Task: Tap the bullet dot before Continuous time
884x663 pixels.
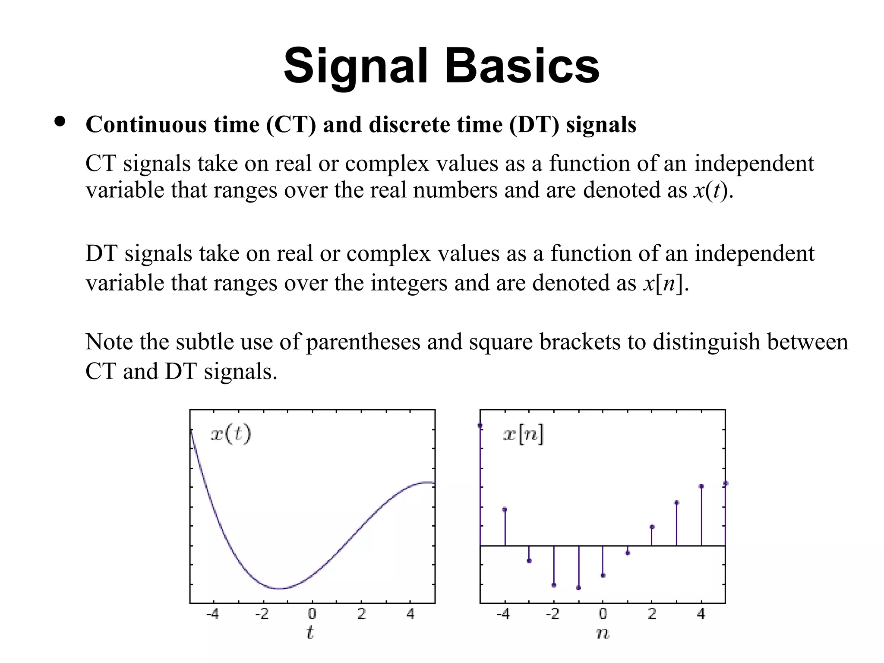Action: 60,122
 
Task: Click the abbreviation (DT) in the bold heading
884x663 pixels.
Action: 534,125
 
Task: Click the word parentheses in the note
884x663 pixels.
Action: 363,342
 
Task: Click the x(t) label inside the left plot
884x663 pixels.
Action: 230,434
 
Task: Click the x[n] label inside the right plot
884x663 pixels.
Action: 523,434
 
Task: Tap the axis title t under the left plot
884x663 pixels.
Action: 310,633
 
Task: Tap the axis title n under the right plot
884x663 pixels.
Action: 602,634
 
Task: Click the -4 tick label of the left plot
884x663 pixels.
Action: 212,613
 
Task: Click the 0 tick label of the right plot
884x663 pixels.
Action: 603,613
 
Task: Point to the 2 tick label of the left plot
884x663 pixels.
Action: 362,613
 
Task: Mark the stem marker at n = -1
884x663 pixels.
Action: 578,588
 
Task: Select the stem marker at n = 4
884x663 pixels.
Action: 701,486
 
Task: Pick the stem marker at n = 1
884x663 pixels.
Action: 628,553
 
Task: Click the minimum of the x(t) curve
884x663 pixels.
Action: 281,588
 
